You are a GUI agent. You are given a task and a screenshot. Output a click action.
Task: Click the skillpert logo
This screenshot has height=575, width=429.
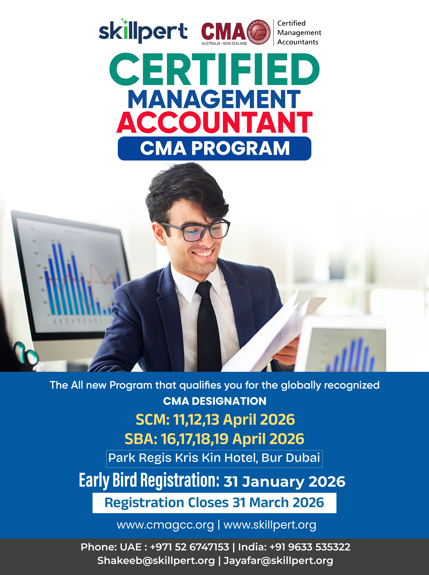(143, 31)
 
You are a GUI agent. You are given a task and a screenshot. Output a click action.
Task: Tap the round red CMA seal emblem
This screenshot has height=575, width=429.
(259, 32)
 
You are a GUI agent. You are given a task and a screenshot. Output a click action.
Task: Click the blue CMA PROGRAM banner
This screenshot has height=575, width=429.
(214, 148)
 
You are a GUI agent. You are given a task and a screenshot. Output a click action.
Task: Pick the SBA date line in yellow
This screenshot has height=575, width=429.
(214, 439)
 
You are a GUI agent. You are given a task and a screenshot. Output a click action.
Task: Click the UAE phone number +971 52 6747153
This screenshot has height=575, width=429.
(190, 547)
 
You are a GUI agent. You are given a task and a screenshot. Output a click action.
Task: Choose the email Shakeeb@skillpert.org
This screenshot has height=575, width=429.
(156, 561)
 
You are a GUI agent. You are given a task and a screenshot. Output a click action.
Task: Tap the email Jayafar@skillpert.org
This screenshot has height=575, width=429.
(278, 561)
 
